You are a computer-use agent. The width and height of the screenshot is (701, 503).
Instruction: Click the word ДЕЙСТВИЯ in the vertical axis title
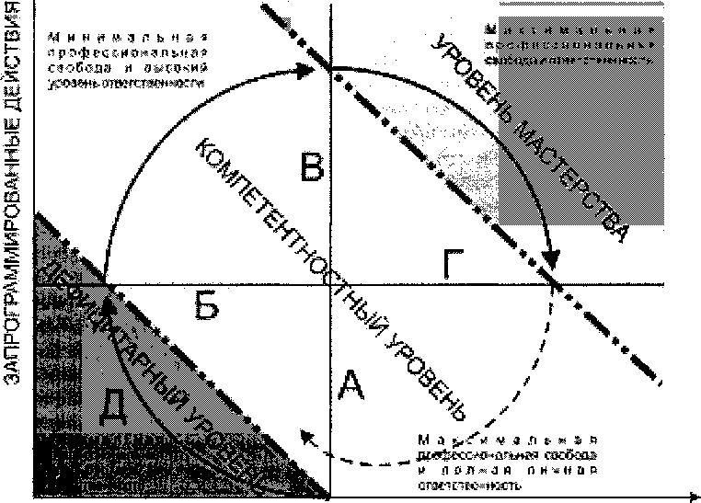click(14, 59)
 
